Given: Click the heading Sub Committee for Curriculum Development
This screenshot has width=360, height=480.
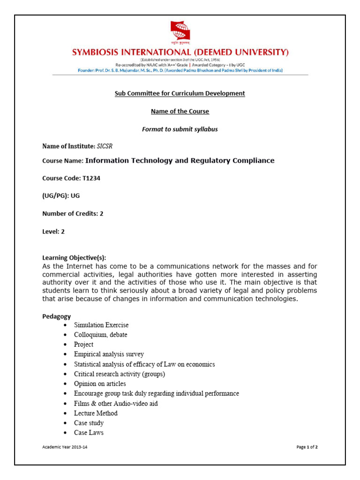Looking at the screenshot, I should point(180,93).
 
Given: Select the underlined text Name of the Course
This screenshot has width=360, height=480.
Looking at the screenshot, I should point(180,112).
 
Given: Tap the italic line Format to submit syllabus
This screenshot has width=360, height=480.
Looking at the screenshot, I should point(180,129).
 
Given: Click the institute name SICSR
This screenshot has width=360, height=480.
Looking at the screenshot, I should point(105,146).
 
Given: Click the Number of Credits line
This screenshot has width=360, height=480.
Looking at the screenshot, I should point(73,213).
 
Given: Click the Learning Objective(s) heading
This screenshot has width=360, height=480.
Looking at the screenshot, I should point(74,258).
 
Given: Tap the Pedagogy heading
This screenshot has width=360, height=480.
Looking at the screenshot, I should point(57,316).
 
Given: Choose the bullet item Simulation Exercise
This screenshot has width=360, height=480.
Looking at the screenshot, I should point(101,325).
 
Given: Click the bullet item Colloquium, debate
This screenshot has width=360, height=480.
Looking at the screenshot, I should point(100,335).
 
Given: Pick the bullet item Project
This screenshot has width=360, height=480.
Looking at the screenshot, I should point(83,345).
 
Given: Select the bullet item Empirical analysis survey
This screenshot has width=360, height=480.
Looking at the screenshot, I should point(109,354).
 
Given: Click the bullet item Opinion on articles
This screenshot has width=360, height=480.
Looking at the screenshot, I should point(100,384).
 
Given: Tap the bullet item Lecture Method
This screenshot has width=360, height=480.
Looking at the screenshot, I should point(96,413).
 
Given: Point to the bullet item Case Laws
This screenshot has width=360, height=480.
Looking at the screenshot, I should point(89,433).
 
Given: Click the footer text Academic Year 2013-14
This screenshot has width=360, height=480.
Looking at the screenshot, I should point(65,447).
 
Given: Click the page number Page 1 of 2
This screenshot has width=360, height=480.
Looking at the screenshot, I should point(307,447).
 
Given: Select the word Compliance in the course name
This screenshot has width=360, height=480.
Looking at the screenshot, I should point(252,161).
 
